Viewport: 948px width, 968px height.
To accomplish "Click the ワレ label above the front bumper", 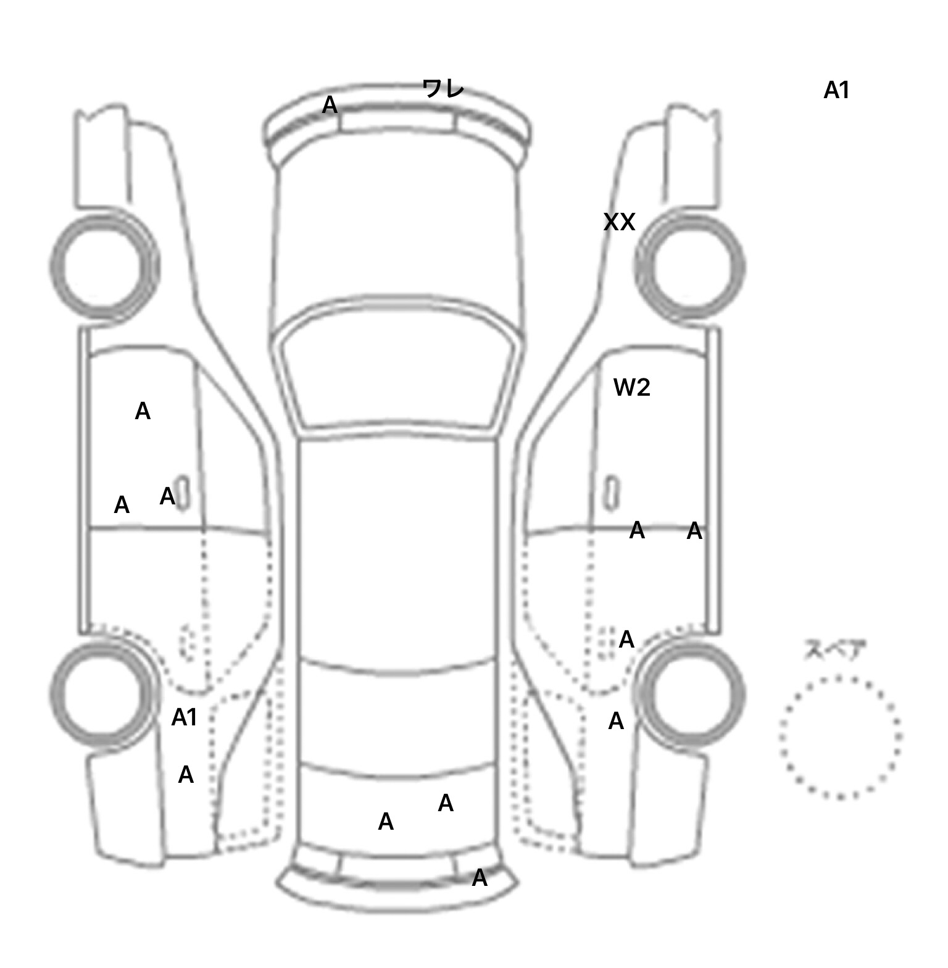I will [443, 89].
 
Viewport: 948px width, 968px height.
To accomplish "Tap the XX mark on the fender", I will [619, 222].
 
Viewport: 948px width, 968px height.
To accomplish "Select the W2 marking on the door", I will [631, 388].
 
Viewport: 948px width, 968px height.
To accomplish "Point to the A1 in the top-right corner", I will [836, 91].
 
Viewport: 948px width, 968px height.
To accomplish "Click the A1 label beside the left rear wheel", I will [184, 717].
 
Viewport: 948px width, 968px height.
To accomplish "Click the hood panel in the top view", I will [398, 235].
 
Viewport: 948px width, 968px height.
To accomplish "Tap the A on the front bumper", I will [330, 106].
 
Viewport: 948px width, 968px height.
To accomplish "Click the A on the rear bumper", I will [479, 878].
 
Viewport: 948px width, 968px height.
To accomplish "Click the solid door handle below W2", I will [612, 493].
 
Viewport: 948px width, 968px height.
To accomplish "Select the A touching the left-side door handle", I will [167, 496].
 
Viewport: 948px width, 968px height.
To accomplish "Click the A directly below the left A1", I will [185, 775].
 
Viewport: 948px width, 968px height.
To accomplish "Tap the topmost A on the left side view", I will [143, 411].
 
